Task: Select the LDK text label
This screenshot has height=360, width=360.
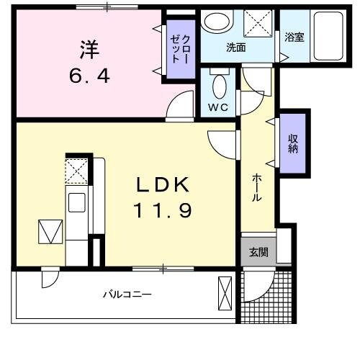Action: coord(163,184)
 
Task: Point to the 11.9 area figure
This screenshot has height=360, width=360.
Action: coord(163,210)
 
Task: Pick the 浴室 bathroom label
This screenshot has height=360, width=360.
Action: coord(294,37)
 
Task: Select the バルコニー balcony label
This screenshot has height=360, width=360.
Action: coord(125,294)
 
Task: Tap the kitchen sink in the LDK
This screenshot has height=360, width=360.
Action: coord(76,202)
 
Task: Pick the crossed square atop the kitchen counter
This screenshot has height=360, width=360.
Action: coord(76,171)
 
